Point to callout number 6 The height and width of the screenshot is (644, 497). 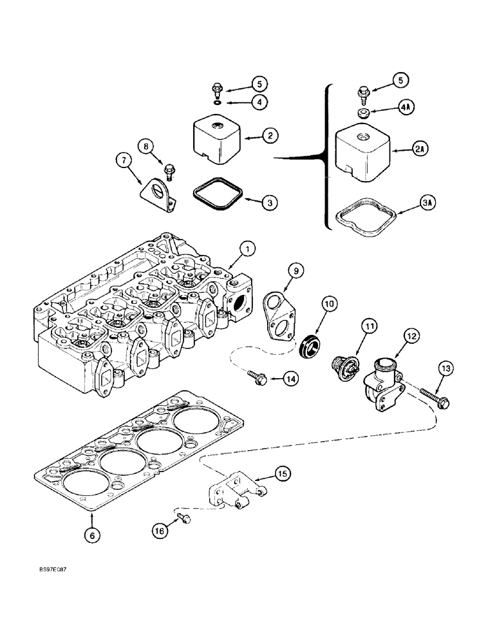(x=94, y=534)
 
